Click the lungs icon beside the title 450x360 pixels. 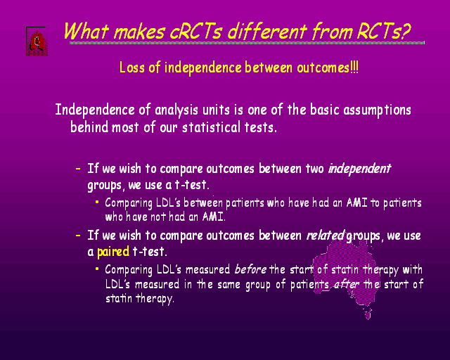37,41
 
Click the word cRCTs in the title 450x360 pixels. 195,31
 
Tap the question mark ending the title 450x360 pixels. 405,31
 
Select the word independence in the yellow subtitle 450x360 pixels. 202,67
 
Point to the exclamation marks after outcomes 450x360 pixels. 354,67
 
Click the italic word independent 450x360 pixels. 359,169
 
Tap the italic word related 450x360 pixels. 326,235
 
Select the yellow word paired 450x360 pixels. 113,252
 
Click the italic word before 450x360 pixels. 250,269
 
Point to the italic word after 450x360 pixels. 347,285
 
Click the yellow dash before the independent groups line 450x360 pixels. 78,169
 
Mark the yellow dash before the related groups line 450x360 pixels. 78,236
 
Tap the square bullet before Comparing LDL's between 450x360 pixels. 97,202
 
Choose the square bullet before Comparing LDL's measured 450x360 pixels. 97,269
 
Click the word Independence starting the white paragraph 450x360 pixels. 95,110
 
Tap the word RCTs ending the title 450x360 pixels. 378,31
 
